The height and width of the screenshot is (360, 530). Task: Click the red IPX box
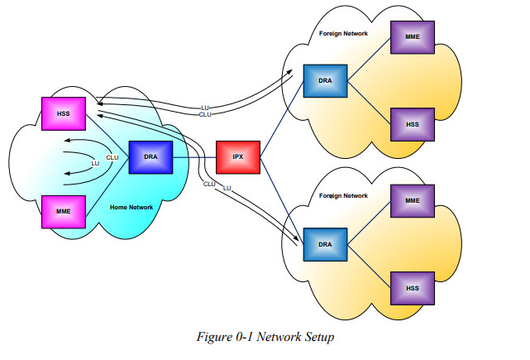238,156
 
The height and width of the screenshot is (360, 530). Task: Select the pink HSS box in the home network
62,113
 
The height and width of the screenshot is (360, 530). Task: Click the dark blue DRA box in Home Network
150,156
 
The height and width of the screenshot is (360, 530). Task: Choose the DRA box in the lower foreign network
324,245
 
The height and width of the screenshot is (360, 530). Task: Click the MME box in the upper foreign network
413,37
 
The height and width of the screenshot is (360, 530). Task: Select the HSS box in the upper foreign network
413,124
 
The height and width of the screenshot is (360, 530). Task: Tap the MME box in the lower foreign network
413,201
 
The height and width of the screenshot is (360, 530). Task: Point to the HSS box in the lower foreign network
413,287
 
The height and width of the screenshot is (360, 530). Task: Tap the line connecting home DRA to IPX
193,156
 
